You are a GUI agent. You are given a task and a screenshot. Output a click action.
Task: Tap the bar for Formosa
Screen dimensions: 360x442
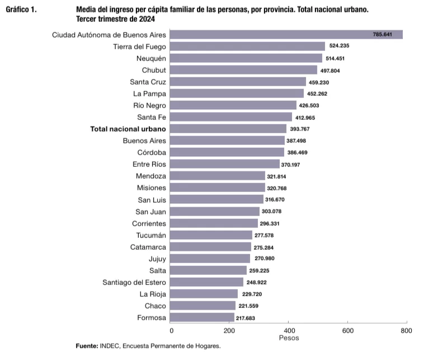point(202,317)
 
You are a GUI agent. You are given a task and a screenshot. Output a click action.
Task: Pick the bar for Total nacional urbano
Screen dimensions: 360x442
point(228,129)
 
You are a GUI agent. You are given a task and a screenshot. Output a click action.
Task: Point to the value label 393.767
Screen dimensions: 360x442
point(299,129)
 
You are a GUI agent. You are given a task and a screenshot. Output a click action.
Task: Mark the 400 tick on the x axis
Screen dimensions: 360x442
point(289,330)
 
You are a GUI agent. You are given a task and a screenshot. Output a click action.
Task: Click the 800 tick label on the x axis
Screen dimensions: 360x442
point(406,330)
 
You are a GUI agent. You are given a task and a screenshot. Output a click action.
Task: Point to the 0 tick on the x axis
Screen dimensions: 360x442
point(171,330)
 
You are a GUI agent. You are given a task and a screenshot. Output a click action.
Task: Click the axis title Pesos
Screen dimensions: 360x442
point(289,338)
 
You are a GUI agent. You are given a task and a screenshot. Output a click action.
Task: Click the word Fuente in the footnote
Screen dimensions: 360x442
point(87,346)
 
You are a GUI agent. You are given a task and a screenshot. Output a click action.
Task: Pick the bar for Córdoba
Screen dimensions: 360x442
point(227,152)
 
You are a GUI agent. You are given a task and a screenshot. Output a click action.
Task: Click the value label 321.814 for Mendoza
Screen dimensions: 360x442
point(278,176)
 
